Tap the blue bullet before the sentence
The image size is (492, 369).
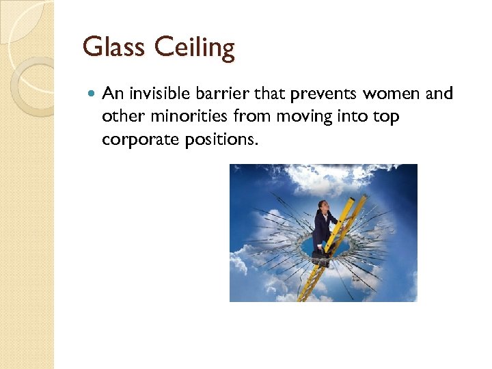click(x=91, y=94)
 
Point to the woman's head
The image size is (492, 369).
click(x=323, y=207)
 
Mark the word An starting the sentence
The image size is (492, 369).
click(x=111, y=94)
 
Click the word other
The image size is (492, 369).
click(x=120, y=116)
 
